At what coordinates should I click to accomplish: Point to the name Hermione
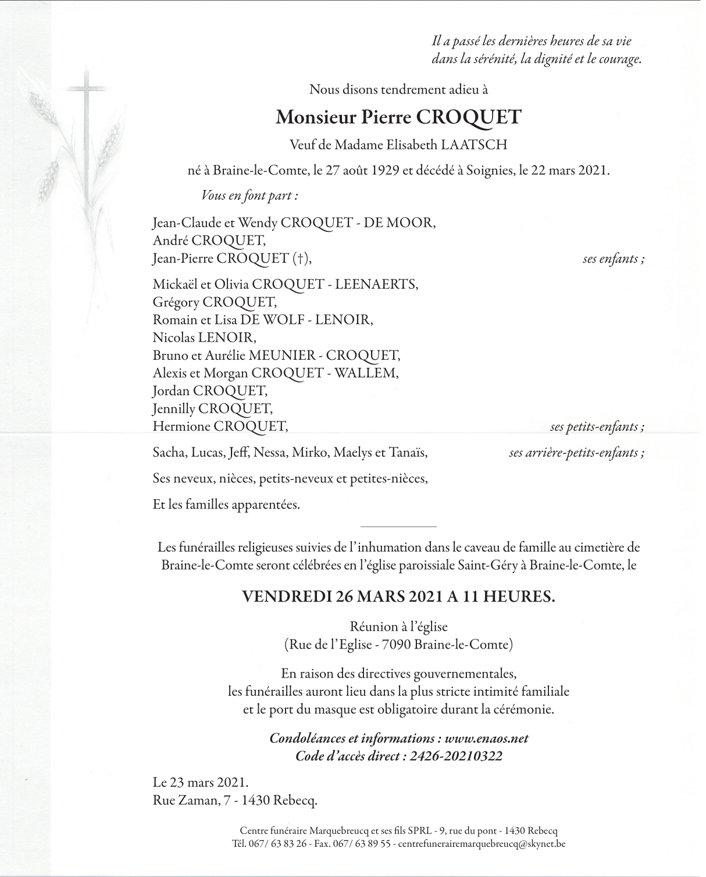point(181,427)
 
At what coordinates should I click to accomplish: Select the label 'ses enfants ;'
point(613,259)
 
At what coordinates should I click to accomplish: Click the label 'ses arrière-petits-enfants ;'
point(576,453)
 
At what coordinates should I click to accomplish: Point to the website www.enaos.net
point(486,738)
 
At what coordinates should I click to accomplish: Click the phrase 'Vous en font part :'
point(249,196)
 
